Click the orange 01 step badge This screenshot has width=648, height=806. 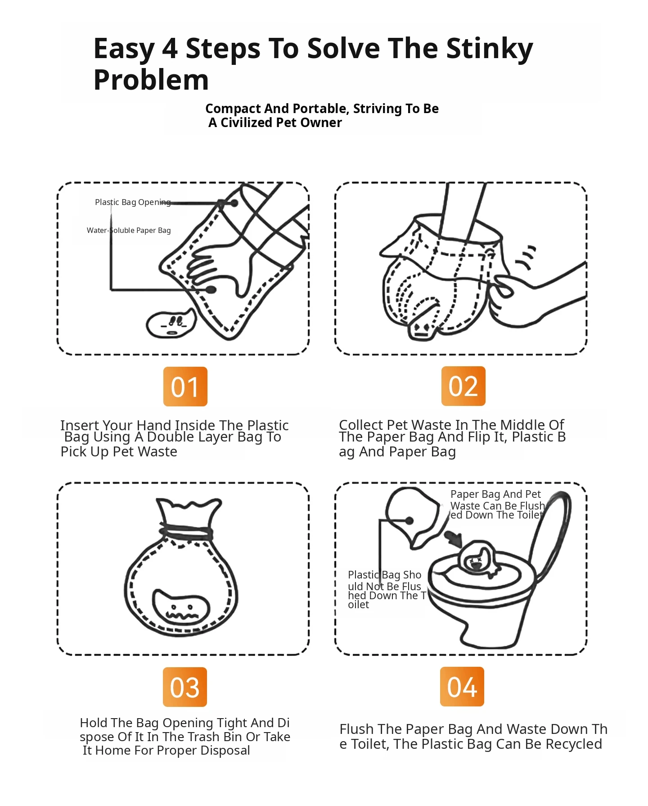[185, 387]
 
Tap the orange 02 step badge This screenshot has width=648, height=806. [463, 386]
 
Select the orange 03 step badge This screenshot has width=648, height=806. [185, 687]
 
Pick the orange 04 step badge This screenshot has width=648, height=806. [462, 687]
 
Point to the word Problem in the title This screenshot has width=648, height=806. [151, 80]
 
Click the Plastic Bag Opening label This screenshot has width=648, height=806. [133, 202]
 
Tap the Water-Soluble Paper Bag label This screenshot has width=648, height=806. [129, 230]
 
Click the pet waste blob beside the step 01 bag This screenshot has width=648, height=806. [171, 323]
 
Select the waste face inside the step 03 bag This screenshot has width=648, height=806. [181, 606]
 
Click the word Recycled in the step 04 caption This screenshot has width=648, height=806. [574, 744]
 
